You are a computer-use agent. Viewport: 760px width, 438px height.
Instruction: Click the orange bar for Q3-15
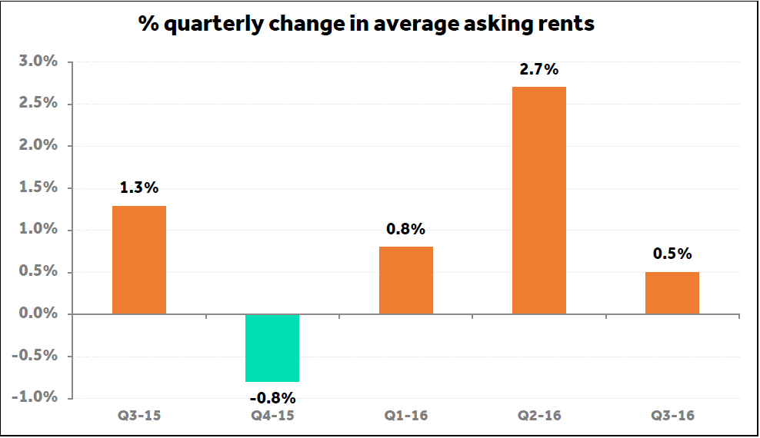click(x=139, y=260)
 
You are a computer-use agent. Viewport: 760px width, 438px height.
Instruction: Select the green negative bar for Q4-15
click(x=272, y=348)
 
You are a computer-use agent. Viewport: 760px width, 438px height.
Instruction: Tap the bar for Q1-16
click(x=406, y=280)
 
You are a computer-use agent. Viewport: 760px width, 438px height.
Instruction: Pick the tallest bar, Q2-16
click(x=539, y=201)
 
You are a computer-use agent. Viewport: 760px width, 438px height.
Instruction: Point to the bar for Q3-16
click(x=672, y=293)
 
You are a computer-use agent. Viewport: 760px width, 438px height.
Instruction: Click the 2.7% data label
click(x=539, y=70)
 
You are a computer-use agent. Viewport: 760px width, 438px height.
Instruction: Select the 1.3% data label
click(x=139, y=188)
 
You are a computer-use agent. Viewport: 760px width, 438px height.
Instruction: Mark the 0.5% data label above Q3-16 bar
click(x=672, y=254)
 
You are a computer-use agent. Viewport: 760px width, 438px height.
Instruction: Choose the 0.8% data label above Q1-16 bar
click(x=406, y=229)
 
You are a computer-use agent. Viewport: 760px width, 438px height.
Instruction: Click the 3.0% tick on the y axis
click(x=38, y=61)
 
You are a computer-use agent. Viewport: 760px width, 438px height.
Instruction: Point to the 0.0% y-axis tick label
click(x=38, y=314)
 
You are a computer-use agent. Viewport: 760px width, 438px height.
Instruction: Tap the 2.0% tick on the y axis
click(x=38, y=145)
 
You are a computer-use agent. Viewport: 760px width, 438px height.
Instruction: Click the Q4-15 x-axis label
click(x=272, y=416)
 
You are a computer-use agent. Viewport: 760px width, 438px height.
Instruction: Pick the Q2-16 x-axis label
click(x=539, y=416)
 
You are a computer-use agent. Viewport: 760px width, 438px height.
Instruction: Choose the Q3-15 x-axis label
click(x=139, y=416)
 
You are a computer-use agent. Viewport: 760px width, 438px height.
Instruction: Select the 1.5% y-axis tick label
click(x=38, y=187)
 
